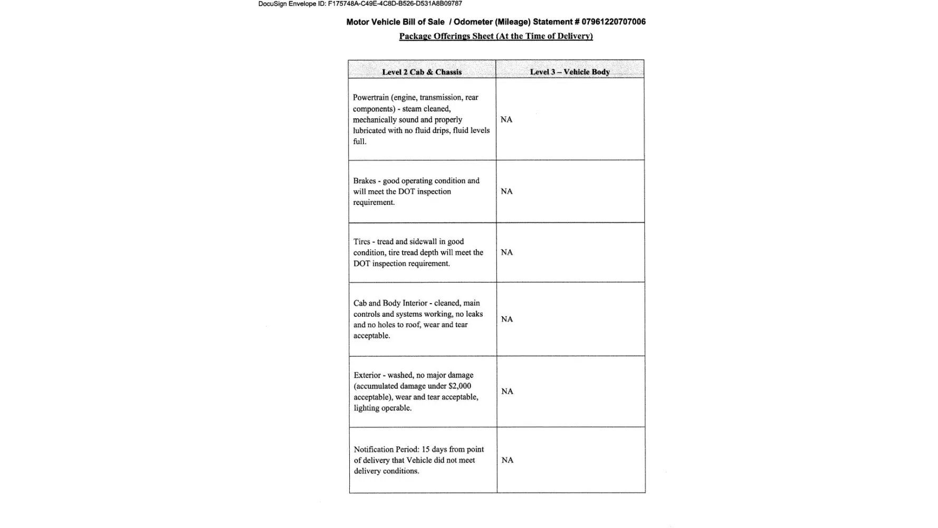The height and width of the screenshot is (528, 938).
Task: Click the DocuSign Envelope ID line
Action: (x=360, y=4)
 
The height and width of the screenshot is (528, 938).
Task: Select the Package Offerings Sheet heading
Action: (x=496, y=36)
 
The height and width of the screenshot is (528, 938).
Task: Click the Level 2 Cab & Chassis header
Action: (x=422, y=72)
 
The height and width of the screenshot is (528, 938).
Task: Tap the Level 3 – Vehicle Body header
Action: (x=570, y=72)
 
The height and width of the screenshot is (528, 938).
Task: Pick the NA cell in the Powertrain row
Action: (x=506, y=119)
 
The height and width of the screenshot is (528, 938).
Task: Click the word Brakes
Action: (x=365, y=181)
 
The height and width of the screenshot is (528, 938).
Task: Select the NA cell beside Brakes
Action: (x=506, y=191)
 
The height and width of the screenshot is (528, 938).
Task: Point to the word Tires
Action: (x=362, y=241)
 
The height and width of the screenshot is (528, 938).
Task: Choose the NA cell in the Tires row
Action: (x=506, y=252)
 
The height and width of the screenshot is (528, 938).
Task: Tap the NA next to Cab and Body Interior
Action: (x=506, y=319)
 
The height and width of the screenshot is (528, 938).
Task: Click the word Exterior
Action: (x=367, y=375)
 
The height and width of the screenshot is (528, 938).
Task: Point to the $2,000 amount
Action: (x=460, y=386)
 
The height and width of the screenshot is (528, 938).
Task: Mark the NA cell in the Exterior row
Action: (x=507, y=391)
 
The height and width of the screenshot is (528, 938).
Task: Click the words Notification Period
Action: (x=386, y=449)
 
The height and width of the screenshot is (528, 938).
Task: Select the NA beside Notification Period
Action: (x=508, y=460)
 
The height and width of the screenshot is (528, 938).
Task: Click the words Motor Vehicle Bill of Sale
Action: (x=395, y=22)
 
